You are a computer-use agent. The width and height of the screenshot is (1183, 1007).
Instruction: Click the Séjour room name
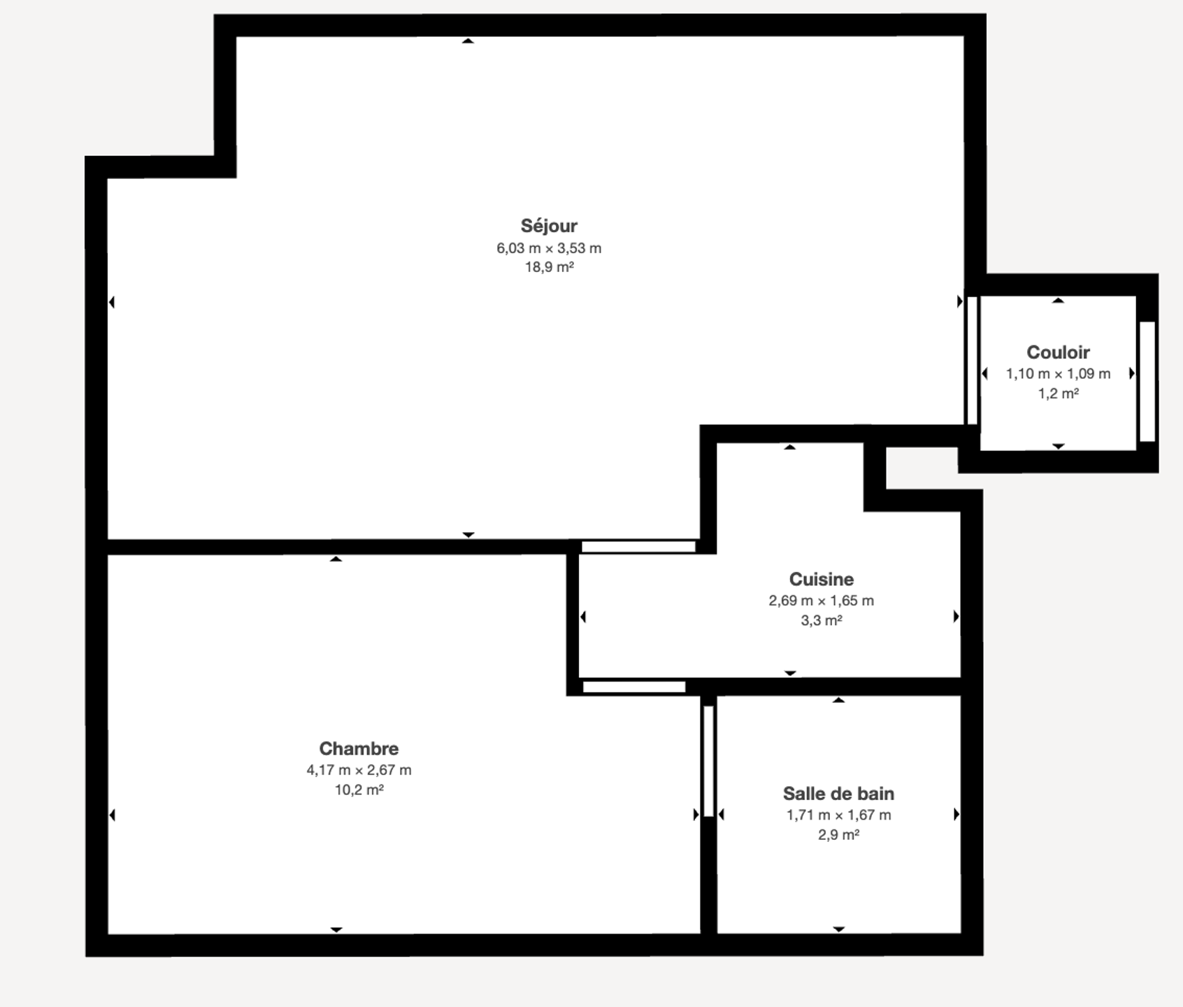tap(549, 226)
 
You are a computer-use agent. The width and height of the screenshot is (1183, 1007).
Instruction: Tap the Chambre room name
tap(359, 748)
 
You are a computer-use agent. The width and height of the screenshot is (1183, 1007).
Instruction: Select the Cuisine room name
tap(822, 579)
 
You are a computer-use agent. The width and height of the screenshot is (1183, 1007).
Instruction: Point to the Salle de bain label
tap(838, 794)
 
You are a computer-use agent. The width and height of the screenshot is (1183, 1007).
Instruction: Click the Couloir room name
tap(1058, 352)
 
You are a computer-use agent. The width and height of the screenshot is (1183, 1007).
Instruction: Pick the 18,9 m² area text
tap(550, 266)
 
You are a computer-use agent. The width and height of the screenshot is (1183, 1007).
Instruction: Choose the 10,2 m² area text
tap(359, 790)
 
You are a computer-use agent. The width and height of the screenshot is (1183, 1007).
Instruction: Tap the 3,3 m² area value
tap(822, 620)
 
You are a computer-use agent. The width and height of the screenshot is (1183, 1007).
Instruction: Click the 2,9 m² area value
tap(839, 834)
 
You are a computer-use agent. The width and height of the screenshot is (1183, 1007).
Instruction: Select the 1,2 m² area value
tap(1059, 393)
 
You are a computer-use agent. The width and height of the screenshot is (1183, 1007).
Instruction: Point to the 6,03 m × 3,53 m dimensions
tap(549, 248)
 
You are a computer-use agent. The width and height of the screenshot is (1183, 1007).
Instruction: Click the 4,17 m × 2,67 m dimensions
tap(359, 770)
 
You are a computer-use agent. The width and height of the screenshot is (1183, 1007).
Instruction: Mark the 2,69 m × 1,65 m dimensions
tap(822, 601)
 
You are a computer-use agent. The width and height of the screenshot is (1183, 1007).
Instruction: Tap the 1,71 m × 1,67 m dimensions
tap(839, 815)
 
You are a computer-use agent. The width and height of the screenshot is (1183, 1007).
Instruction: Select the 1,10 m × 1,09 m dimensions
tap(1058, 374)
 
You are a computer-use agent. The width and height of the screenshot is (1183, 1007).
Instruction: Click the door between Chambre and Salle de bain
tap(708, 762)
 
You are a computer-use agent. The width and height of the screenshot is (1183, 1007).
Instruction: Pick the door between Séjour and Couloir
tap(972, 360)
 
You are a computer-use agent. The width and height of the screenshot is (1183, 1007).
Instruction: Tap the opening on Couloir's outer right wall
tap(1147, 382)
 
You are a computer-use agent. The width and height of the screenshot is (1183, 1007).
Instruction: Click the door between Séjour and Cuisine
tap(638, 546)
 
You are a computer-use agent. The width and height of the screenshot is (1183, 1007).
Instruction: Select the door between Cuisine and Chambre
tap(634, 687)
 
